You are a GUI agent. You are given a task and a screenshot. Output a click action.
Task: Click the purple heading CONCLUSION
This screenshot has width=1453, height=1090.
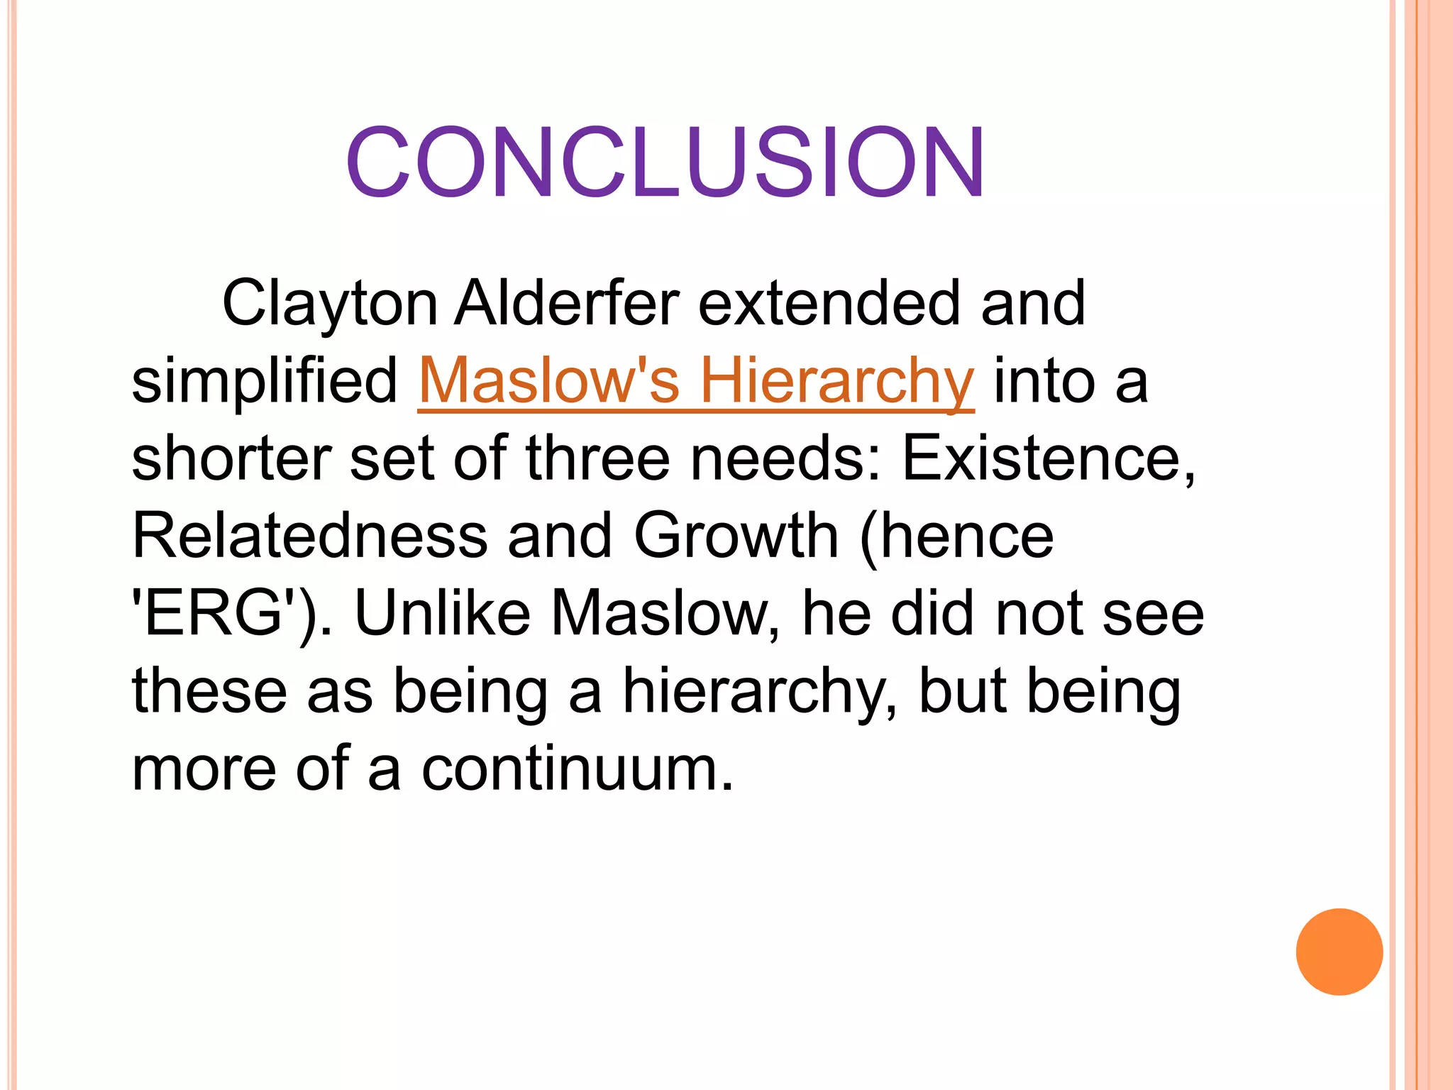click(x=665, y=163)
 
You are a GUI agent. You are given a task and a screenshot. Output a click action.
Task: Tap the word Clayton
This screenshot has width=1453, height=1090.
click(x=330, y=304)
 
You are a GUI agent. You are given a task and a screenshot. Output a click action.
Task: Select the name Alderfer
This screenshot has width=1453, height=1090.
click(x=567, y=304)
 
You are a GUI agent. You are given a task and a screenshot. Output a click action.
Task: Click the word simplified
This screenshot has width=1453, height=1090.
click(x=265, y=382)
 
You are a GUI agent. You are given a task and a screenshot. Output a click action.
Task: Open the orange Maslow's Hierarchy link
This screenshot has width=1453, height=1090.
click(x=696, y=382)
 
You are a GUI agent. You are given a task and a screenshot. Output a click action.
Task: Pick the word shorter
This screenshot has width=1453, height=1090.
click(x=231, y=459)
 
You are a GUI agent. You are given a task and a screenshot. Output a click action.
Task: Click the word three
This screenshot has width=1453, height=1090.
click(x=598, y=459)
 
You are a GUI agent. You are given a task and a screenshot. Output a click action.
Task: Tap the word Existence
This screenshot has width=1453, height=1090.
click(x=1047, y=459)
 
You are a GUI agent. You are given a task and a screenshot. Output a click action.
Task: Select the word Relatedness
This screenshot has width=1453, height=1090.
click(x=310, y=536)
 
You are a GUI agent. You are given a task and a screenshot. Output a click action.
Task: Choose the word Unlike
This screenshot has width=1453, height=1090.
click(x=442, y=614)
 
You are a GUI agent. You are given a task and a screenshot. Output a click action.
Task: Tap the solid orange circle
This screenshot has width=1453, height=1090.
click(x=1339, y=952)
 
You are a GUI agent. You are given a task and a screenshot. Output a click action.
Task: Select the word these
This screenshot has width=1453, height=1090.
click(x=210, y=692)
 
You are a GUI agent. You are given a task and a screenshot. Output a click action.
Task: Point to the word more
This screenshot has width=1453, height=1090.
click(x=204, y=769)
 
